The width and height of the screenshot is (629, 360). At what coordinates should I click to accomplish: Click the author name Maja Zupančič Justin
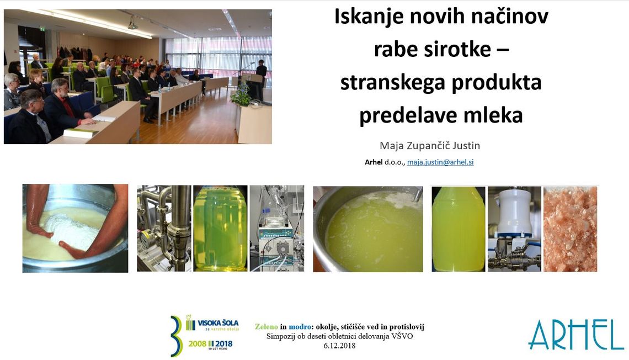pos(430,145)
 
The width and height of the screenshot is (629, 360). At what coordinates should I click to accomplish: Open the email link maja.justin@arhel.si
pos(440,162)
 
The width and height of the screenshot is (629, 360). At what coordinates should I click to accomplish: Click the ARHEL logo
pos(576,335)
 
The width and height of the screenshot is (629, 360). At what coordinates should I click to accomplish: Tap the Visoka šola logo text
pos(218,322)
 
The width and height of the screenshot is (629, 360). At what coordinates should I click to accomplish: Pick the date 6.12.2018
pos(339,346)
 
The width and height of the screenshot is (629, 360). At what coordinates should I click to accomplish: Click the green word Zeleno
pos(266,327)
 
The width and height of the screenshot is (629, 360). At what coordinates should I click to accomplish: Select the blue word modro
pos(300,327)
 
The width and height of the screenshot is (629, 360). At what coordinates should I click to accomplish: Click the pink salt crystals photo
pos(570,229)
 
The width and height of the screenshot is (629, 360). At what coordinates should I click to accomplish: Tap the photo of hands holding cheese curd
pos(76,229)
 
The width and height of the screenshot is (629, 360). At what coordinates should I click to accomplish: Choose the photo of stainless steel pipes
pos(164,229)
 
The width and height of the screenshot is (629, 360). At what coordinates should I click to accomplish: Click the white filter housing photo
pos(514,229)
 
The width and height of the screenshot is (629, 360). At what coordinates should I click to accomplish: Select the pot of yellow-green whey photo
pos(368,229)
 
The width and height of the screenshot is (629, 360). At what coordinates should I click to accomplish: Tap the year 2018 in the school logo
pos(223,344)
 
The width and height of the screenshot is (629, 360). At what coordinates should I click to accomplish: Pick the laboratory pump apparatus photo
pos(277,229)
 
